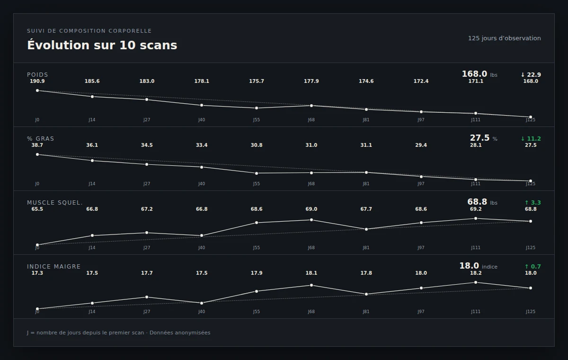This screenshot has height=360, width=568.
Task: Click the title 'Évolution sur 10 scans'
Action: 102,45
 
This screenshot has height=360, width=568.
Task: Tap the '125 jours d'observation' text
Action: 505,38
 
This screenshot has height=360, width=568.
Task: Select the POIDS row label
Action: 37,74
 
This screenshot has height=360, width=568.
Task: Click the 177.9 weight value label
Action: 311,81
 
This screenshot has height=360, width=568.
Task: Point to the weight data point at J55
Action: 257,108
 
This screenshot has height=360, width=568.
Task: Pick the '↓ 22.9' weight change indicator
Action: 531,74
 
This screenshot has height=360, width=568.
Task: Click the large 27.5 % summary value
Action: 484,138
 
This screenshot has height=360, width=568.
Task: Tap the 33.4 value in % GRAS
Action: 202,145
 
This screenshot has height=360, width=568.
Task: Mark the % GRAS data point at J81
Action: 366,172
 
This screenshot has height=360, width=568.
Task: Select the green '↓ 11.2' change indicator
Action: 531,138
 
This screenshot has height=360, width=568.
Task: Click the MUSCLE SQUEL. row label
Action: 55,202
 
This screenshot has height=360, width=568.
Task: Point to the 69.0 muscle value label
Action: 311,209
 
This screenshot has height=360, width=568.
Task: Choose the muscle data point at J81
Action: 366,229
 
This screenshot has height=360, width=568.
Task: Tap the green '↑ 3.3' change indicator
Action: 532,202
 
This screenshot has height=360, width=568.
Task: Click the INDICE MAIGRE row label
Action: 54,266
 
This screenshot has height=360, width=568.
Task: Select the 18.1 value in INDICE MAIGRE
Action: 311,273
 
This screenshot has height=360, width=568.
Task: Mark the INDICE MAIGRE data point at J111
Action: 476,282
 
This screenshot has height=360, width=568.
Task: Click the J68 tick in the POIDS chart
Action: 311,120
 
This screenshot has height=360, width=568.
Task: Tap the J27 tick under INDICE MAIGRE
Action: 147,312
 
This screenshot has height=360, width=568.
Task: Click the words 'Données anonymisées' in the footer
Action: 180,333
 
